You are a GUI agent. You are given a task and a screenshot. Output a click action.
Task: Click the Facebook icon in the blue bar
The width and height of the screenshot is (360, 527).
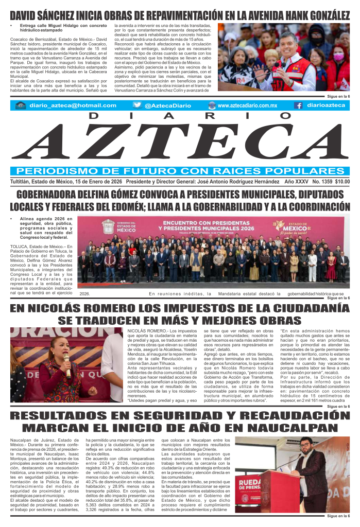click(298, 105)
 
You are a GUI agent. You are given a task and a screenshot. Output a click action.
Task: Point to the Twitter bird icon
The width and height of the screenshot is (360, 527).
click(137, 105)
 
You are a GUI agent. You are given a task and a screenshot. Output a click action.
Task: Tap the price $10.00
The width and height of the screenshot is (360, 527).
click(342, 181)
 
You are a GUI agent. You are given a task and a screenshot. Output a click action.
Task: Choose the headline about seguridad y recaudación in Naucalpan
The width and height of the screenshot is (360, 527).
click(180, 421)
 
